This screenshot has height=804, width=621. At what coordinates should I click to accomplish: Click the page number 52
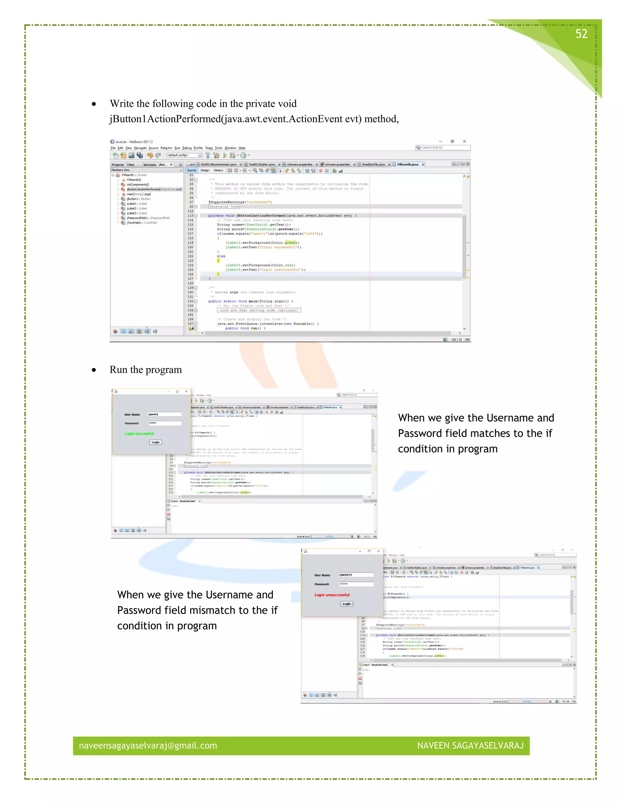[581, 34]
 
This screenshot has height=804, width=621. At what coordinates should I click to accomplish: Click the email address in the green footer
[148, 745]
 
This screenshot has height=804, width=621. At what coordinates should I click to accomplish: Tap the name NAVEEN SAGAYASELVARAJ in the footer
[470, 745]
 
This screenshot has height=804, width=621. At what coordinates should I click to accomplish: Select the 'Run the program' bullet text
[146, 370]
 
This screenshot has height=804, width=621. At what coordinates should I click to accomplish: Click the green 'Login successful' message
[139, 434]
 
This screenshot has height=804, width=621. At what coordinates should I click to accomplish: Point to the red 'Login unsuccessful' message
[332, 595]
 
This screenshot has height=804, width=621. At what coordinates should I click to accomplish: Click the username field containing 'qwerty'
[164, 414]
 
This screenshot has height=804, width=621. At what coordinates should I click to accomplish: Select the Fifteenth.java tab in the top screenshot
[408, 164]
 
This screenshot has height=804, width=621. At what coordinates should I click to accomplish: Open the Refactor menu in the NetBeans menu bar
[166, 148]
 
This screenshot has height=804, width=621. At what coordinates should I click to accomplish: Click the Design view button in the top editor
[205, 171]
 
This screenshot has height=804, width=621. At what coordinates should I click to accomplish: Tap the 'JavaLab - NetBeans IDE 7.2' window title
[134, 142]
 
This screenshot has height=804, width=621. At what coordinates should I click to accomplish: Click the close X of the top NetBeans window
[464, 141]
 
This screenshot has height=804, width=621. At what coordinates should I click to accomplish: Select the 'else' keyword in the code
[221, 256]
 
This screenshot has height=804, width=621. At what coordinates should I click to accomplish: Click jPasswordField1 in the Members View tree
[148, 218]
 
